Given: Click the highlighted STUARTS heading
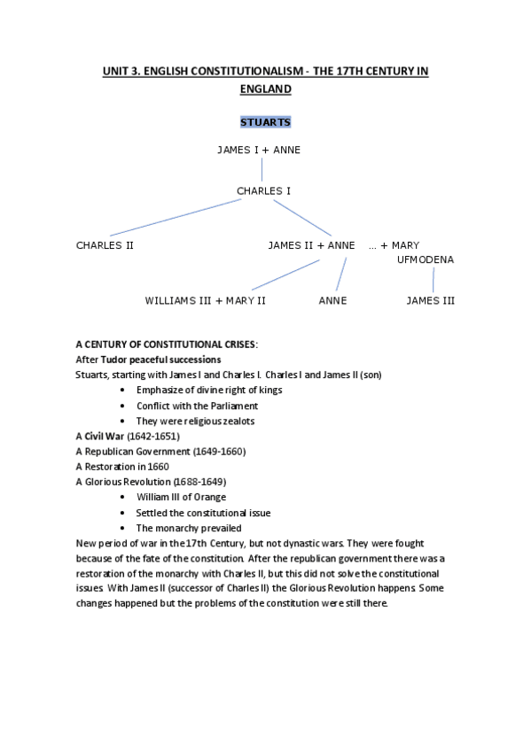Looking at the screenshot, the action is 265,121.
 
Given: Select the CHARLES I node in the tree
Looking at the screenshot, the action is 263,190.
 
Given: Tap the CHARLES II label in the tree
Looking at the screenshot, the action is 105,245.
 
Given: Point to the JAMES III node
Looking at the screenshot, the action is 430,300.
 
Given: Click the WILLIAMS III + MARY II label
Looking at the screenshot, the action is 206,300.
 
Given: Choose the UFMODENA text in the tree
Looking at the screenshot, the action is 426,259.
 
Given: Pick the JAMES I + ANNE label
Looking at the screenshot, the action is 259,150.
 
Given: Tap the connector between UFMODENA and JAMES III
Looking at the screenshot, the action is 433,280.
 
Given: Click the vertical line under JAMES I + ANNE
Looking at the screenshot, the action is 262,169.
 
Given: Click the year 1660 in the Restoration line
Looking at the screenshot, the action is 158,466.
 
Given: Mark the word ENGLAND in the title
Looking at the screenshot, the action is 265,89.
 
